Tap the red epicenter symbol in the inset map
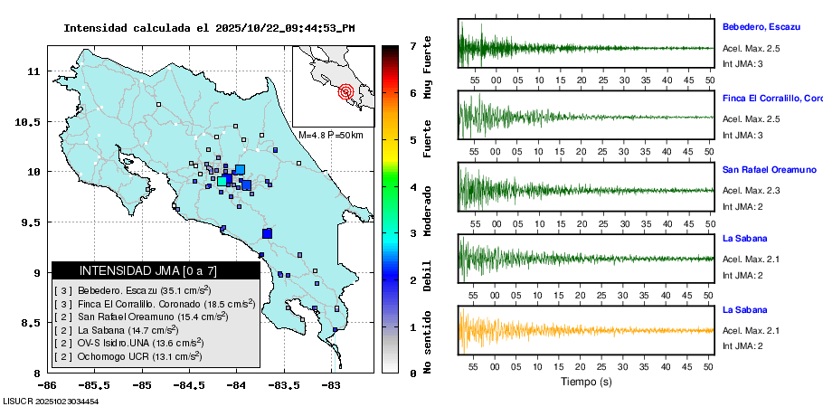click(x=345, y=91)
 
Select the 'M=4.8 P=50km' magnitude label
click(x=330, y=135)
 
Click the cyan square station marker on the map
click(x=222, y=181)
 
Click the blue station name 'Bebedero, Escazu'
click(x=762, y=28)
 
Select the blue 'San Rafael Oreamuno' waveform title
click(x=769, y=169)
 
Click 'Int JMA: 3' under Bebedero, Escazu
click(x=743, y=64)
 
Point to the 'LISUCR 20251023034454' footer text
click(x=51, y=401)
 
